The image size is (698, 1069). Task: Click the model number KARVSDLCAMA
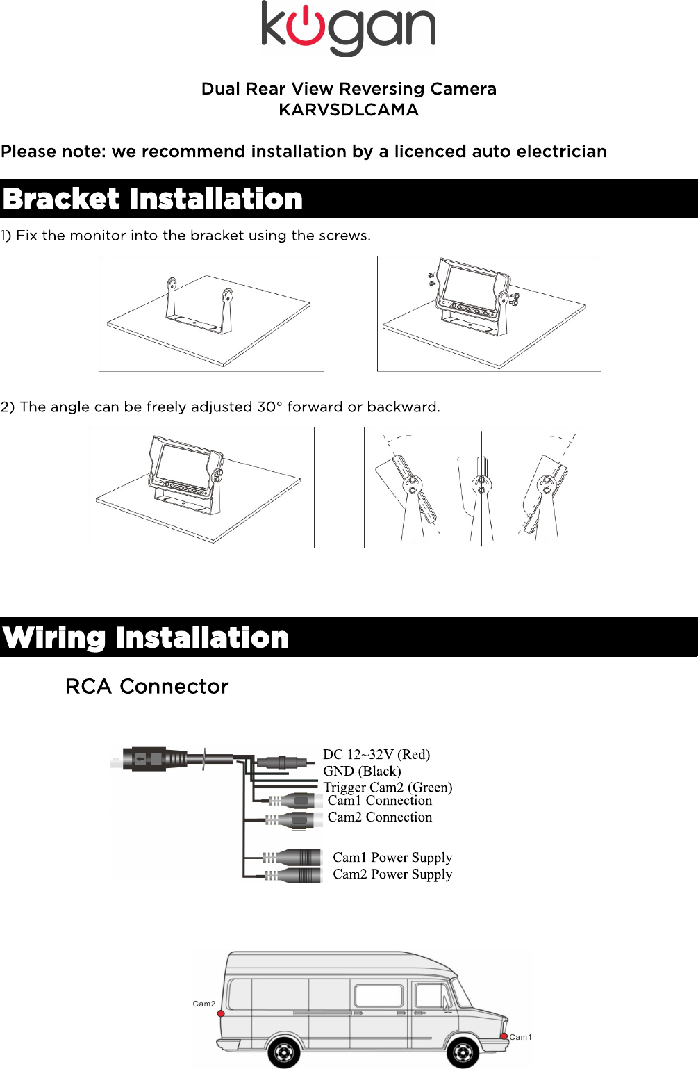click(x=349, y=110)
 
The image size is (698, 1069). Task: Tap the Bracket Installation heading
click(x=153, y=199)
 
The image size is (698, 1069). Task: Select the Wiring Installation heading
click(x=146, y=637)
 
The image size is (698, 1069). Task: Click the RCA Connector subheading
click(x=147, y=687)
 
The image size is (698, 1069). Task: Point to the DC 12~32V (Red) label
click(x=376, y=754)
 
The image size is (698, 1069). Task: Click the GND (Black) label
click(x=362, y=771)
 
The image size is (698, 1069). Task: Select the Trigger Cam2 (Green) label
click(x=388, y=787)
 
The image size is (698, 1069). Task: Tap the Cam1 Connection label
click(x=379, y=801)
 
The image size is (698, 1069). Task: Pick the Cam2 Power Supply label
click(x=392, y=874)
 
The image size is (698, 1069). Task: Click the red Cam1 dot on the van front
click(x=504, y=1036)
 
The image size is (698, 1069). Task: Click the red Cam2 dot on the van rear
click(x=221, y=1013)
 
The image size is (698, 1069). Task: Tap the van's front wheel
click(x=463, y=1052)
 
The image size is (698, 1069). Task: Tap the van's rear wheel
click(x=283, y=1052)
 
